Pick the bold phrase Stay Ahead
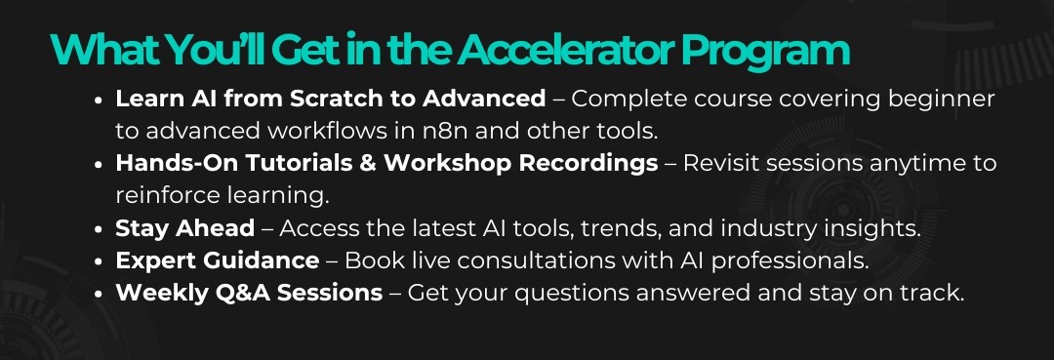click(x=184, y=228)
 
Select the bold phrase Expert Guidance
click(x=217, y=260)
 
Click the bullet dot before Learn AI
click(x=99, y=100)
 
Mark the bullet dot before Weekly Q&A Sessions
click(x=99, y=295)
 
